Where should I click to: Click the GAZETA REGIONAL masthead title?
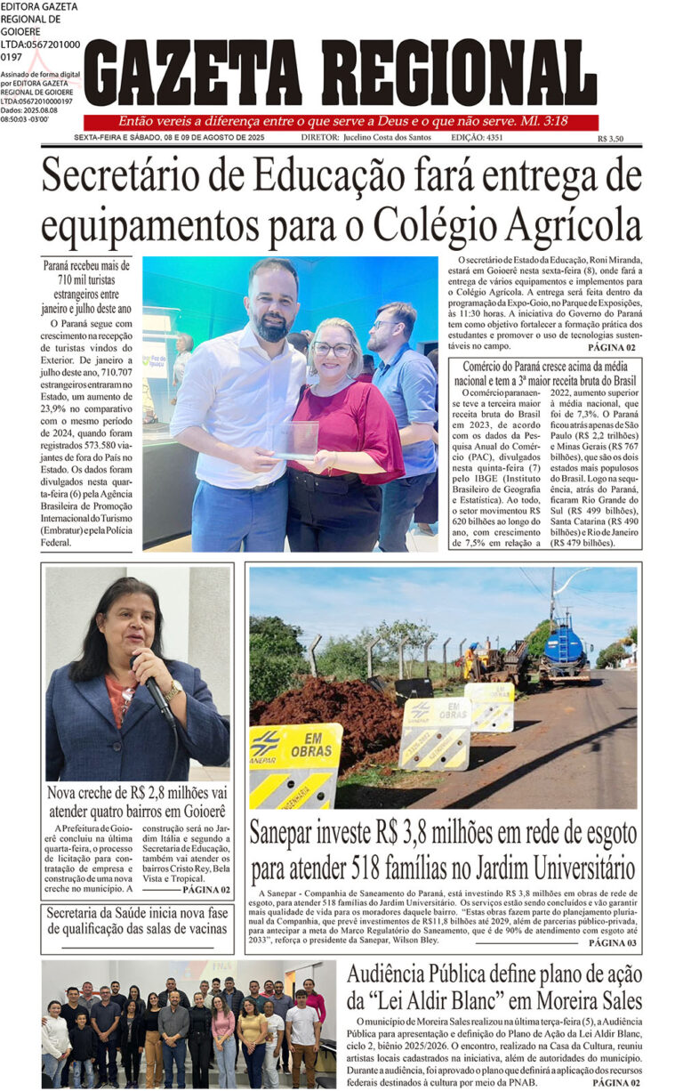[341, 74]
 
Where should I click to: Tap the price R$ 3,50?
[610, 139]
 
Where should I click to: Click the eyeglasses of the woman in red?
[333, 349]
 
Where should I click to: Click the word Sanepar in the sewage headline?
[287, 834]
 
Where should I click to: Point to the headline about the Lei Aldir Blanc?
[494, 986]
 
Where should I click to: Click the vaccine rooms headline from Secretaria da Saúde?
[137, 922]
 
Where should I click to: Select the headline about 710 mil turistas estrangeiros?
[87, 287]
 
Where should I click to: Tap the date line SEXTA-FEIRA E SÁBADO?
[170, 138]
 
